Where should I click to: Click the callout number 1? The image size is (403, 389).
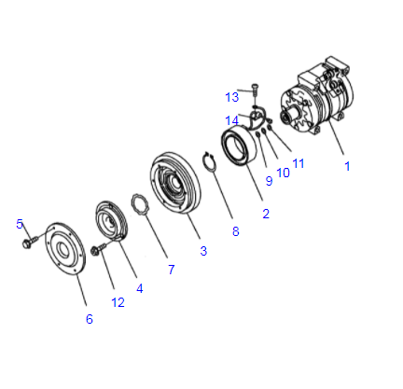pos(347,167)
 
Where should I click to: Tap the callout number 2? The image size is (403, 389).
pos(266,214)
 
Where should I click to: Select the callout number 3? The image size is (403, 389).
pos(202,250)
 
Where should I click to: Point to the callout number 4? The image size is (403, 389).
pos(140,288)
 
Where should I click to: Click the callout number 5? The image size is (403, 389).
pos(19,224)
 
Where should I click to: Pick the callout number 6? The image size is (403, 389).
pos(89,319)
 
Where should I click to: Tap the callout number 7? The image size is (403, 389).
pos(171,270)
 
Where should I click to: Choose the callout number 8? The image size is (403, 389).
pos(235,231)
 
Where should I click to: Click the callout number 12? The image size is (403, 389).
pos(118,301)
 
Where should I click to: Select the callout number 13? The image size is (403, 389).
pos(232,96)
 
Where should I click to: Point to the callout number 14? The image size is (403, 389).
pos(232,119)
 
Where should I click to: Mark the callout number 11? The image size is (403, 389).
pos(298,163)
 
